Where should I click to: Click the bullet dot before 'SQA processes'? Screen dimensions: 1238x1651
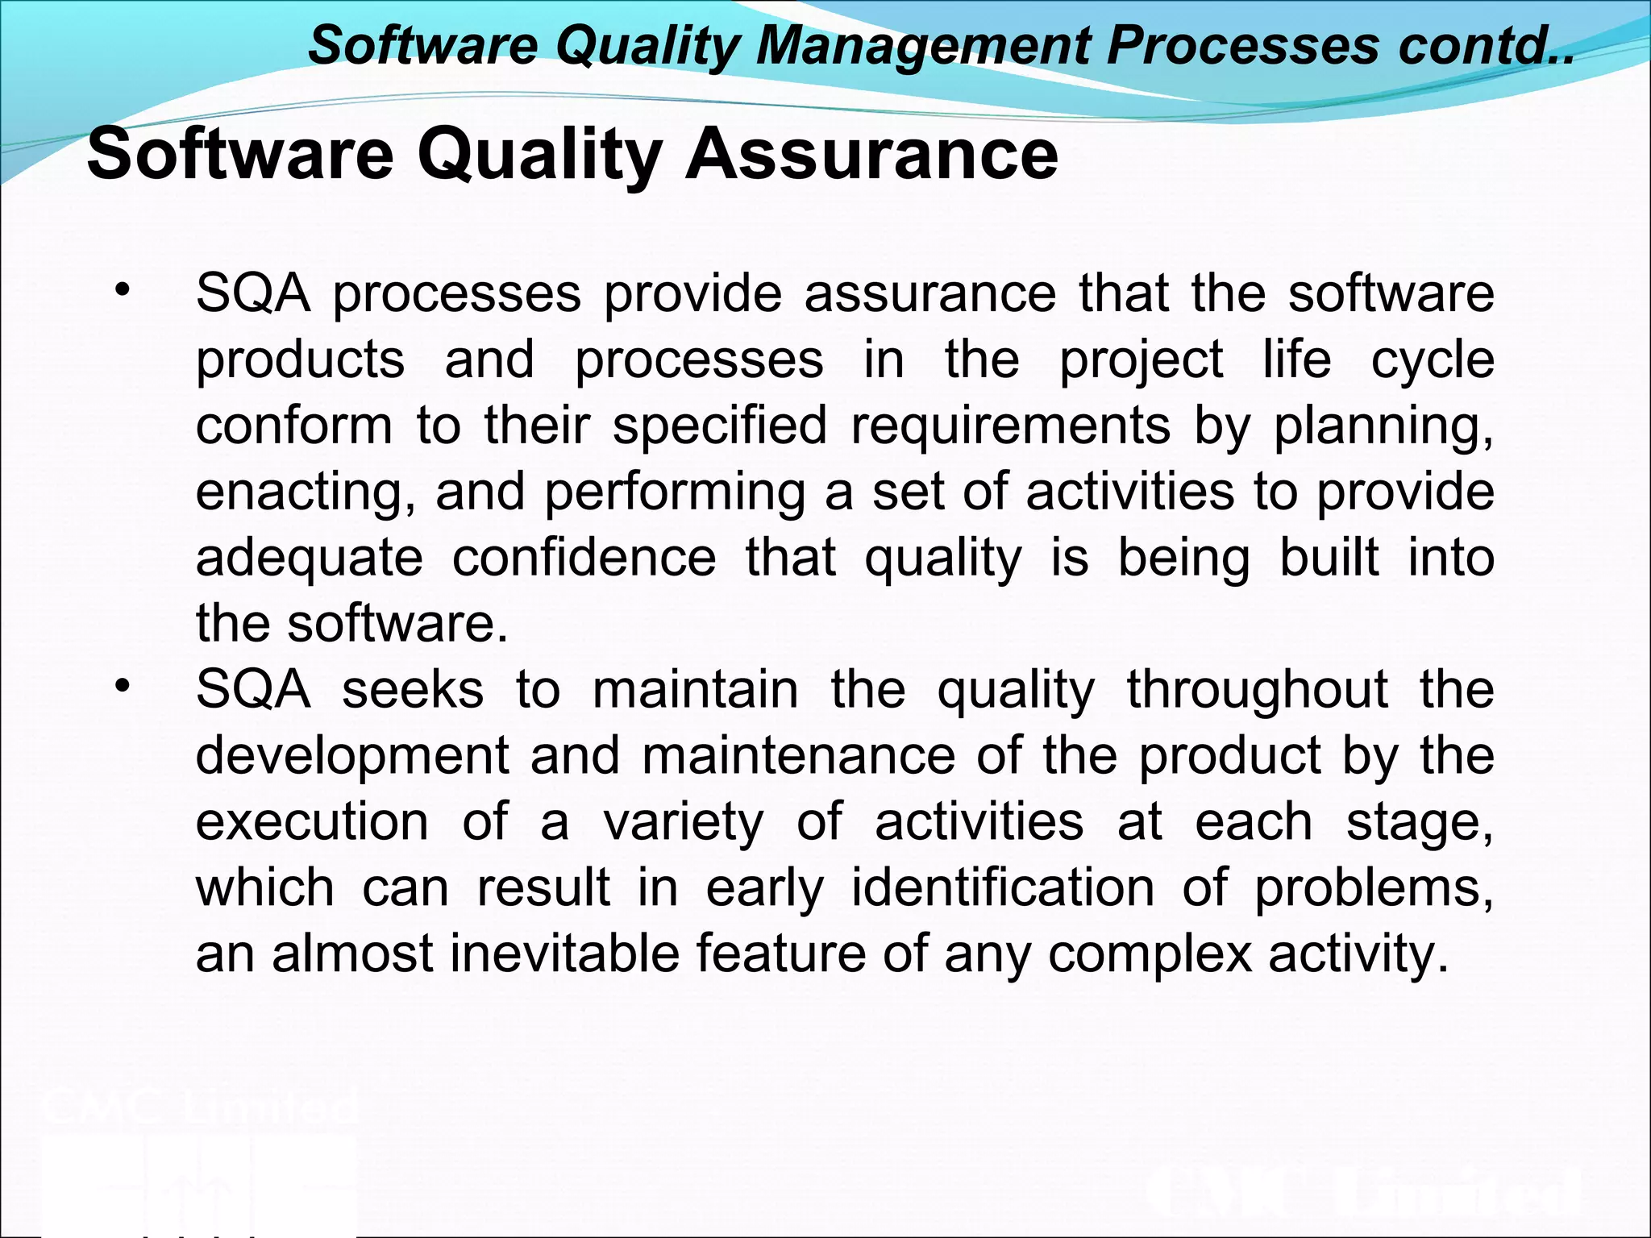tap(122, 290)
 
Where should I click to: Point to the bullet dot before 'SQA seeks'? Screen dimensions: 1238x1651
tap(122, 687)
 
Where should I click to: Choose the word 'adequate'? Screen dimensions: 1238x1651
tap(309, 559)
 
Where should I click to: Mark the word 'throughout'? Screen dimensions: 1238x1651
tap(1257, 691)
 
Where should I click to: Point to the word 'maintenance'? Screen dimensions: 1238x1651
tap(798, 756)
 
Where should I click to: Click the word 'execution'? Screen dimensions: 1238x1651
tap(312, 822)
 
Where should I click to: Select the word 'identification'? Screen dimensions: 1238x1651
tap(1003, 887)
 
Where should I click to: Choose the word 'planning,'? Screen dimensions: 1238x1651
tap(1383, 426)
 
